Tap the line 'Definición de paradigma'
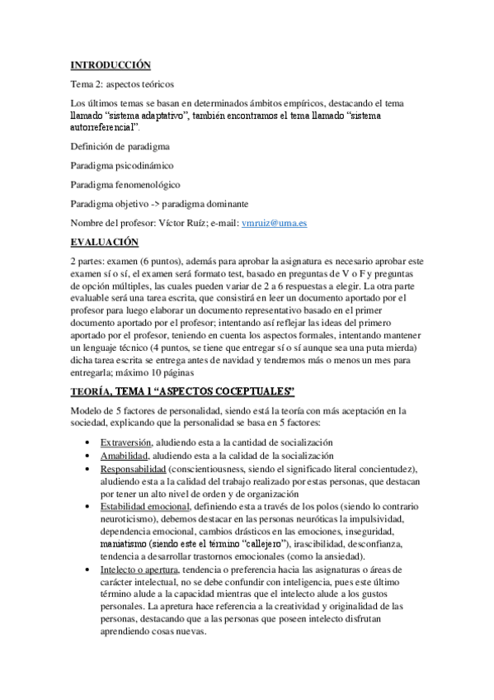coord(120,146)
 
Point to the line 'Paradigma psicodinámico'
coord(122,165)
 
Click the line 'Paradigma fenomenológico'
coord(125,185)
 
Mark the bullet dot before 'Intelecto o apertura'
coord(88,570)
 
